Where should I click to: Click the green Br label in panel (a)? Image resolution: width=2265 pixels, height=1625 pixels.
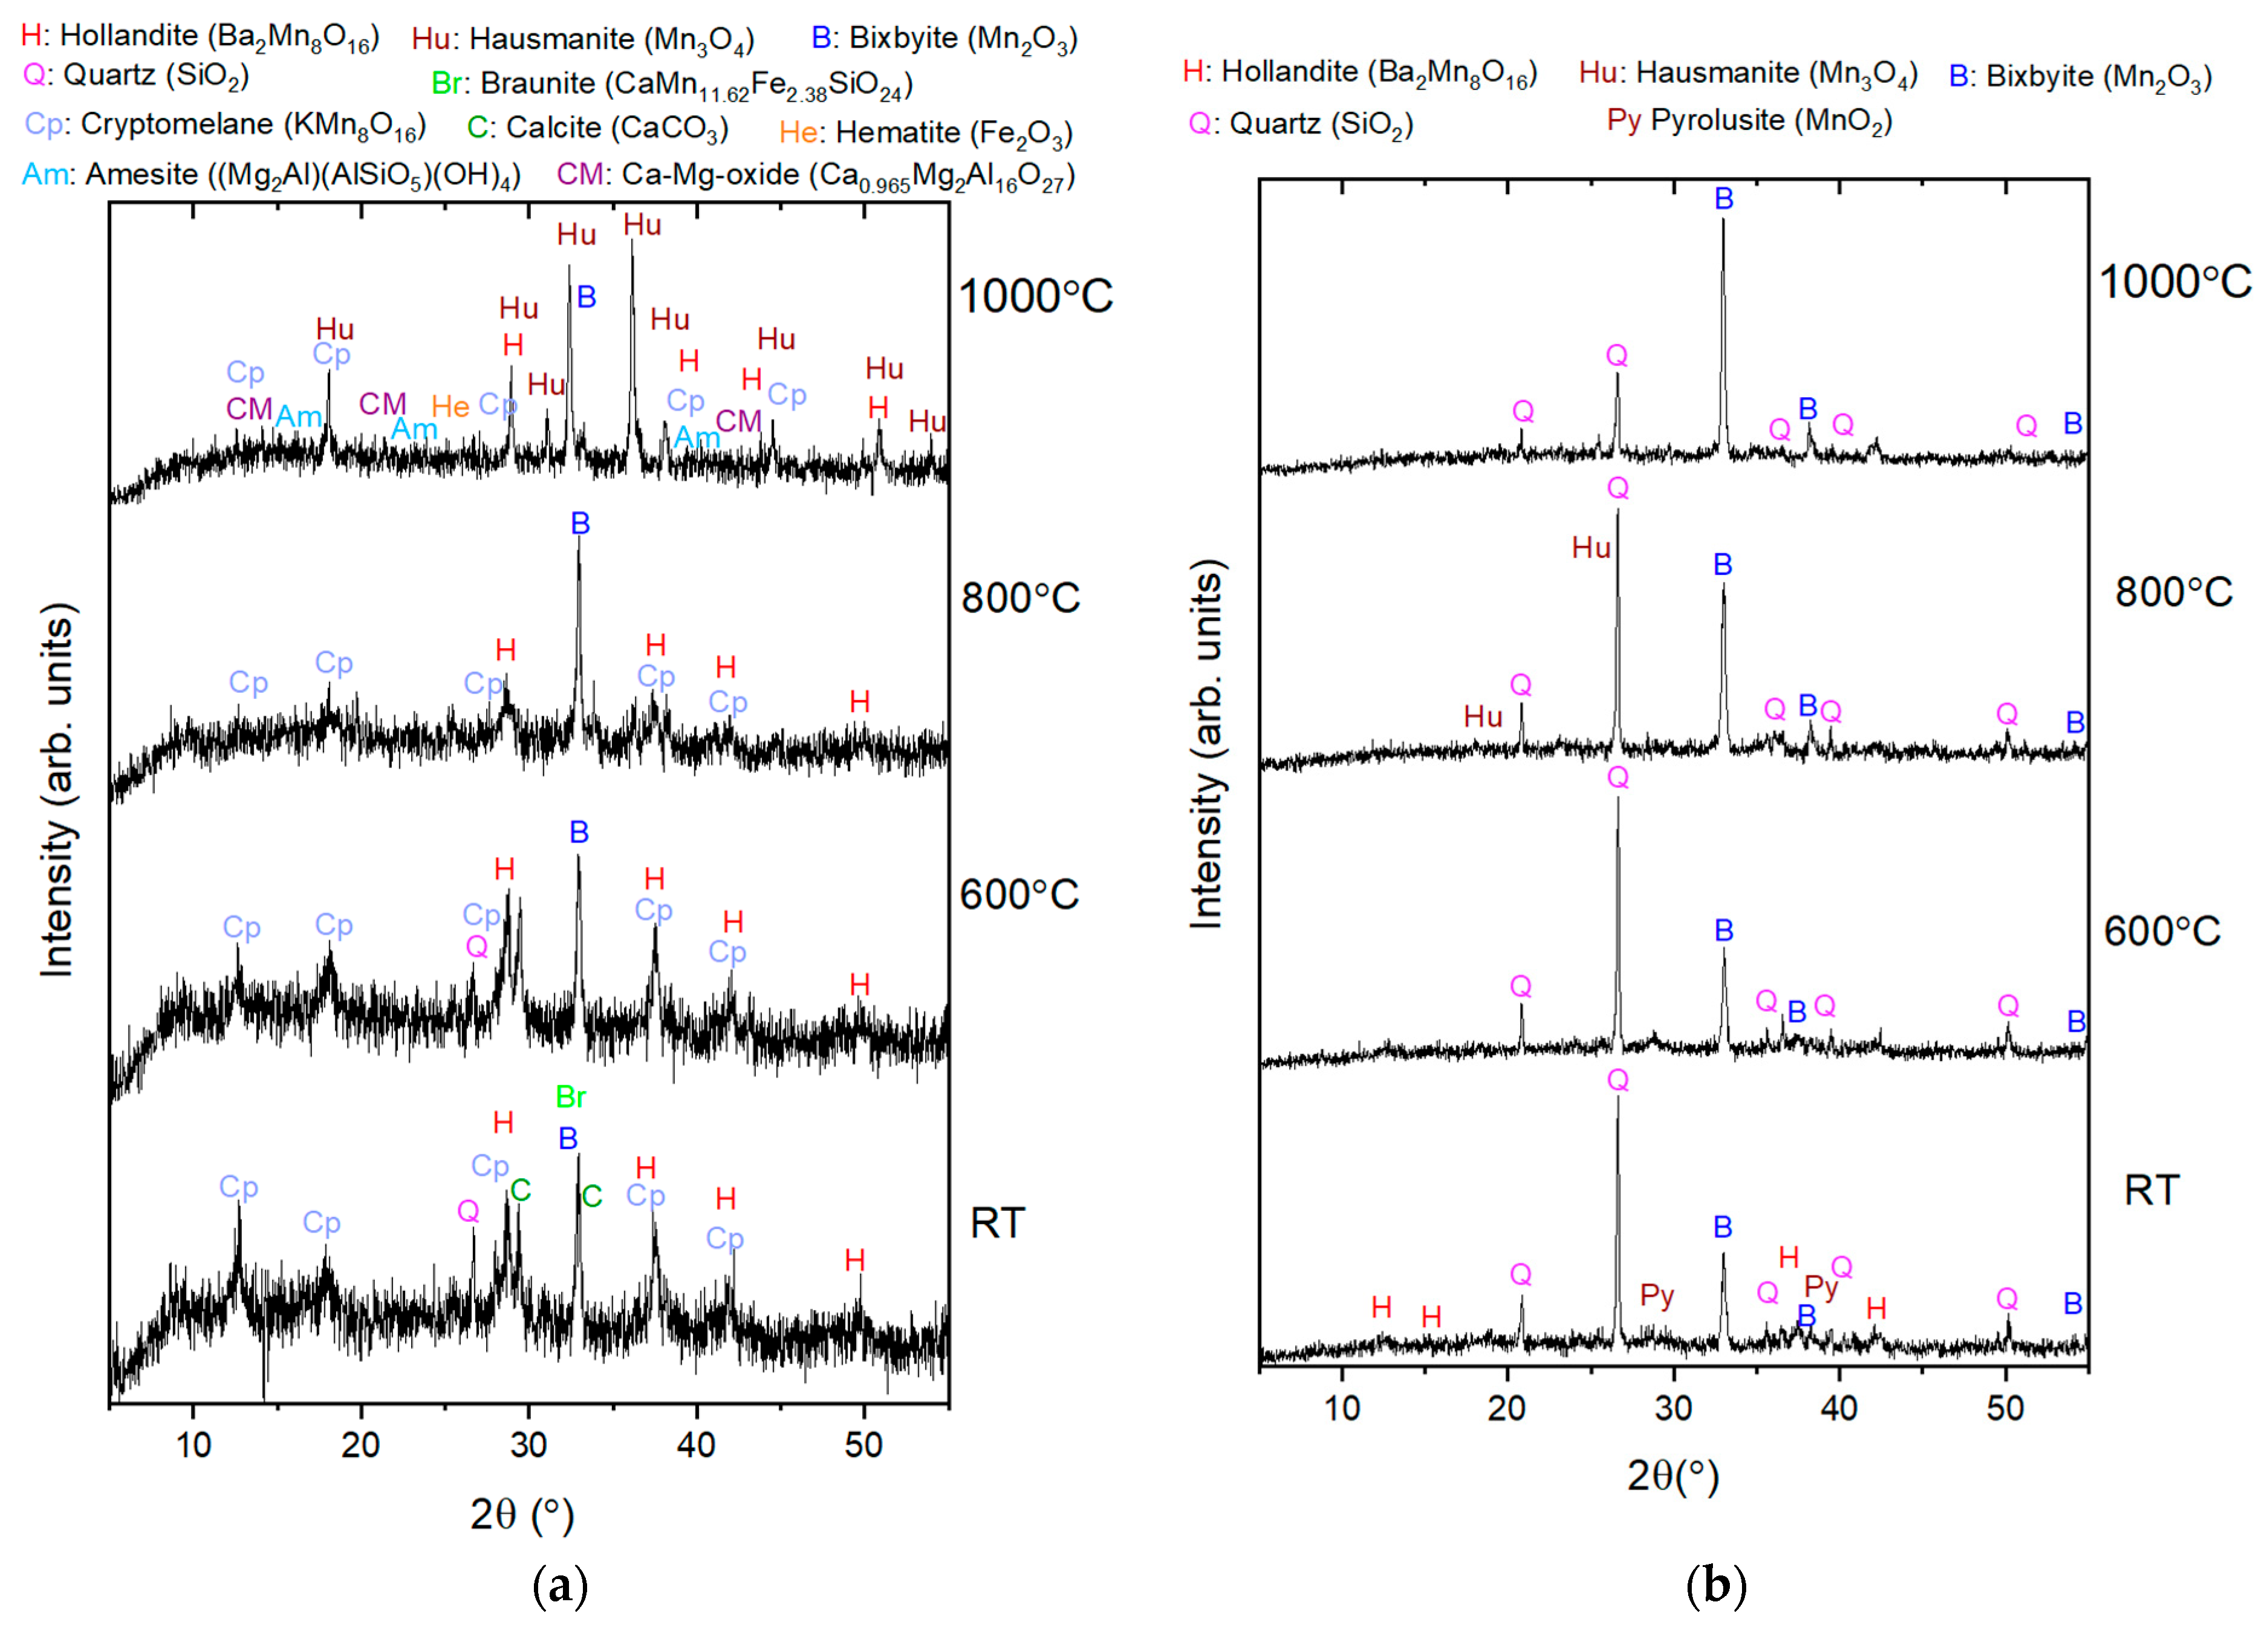pos(570,1097)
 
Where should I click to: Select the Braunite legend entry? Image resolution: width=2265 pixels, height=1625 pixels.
pos(671,84)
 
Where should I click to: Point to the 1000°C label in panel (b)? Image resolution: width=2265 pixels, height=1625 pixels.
pos(2174,283)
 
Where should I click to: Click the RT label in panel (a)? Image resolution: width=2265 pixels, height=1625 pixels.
pos(996,1222)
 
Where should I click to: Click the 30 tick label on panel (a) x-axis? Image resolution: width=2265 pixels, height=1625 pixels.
pos(528,1444)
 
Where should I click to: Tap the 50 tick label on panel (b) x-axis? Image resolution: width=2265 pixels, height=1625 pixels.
pos(2004,1408)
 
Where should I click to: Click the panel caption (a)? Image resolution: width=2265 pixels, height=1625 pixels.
pos(561,1584)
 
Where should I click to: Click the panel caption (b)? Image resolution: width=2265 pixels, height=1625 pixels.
pos(1715,1584)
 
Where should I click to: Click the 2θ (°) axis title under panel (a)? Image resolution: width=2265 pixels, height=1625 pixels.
pos(522,1514)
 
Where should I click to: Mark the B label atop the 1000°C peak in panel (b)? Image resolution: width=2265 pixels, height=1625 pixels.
pos(1724,199)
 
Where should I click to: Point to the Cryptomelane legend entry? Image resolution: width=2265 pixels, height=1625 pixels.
pos(225,125)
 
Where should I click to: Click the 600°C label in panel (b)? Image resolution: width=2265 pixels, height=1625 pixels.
pos(2161,931)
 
